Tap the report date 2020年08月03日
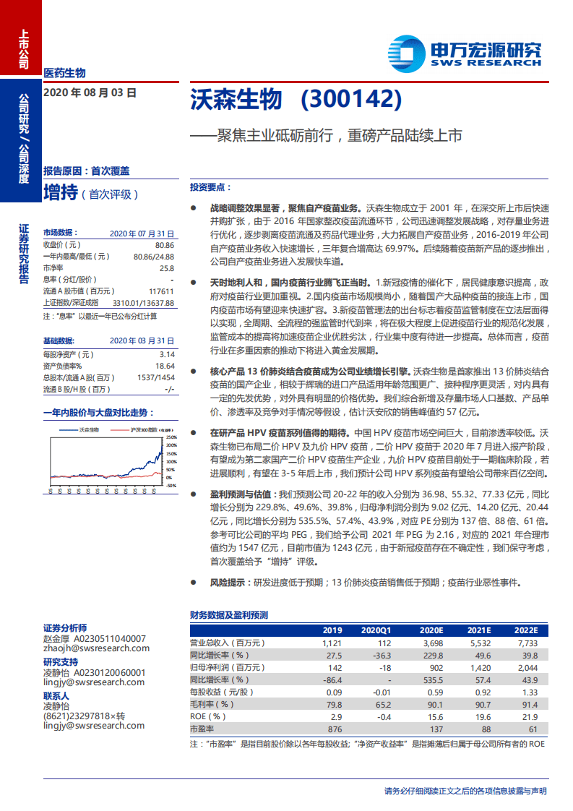pyautogui.click(x=90, y=93)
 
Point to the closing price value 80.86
pyautogui.click(x=165, y=245)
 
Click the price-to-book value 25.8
pyautogui.click(x=167, y=268)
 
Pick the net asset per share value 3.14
pyautogui.click(x=167, y=354)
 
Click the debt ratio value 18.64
pyautogui.click(x=165, y=366)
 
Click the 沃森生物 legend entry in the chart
pyautogui.click(x=88, y=429)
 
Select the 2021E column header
pyautogui.click(x=478, y=630)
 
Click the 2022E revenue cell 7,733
pyautogui.click(x=527, y=642)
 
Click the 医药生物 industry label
pyautogui.click(x=64, y=72)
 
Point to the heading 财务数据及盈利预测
pyautogui.click(x=228, y=615)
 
